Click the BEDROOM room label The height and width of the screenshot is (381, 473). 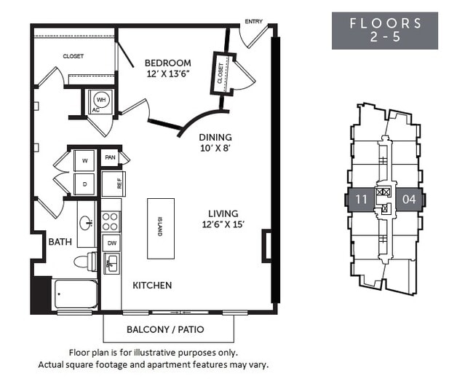(167, 63)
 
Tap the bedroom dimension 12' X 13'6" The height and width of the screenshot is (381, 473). (167, 74)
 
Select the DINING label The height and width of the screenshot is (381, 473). (215, 137)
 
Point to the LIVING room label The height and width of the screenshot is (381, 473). (223, 213)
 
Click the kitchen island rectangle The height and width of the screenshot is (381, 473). (160, 228)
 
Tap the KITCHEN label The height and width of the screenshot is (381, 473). (152, 285)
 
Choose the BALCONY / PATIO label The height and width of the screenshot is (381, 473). (168, 329)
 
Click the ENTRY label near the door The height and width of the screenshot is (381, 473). (254, 21)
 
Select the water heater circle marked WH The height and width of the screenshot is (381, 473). (100, 99)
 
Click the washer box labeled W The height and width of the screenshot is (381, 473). (84, 159)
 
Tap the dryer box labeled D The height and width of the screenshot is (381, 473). (84, 184)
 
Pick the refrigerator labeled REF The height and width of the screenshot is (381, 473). (114, 184)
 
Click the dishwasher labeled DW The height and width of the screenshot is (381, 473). (111, 243)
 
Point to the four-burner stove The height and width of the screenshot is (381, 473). (111, 221)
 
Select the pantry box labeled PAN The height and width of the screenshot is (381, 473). (111, 157)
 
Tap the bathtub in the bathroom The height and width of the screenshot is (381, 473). (75, 295)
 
